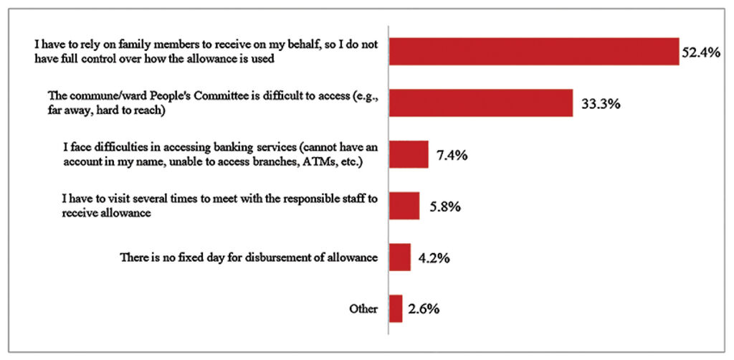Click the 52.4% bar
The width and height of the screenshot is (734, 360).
pos(533,52)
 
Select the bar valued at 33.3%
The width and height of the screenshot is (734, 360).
pos(480,103)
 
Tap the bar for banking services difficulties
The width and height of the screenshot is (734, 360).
pos(408,154)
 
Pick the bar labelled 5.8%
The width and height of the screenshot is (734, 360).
pos(404,206)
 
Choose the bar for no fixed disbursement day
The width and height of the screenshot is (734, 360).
pos(399,257)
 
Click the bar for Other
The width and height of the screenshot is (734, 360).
pos(396,309)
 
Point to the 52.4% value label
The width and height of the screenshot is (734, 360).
pos(700,52)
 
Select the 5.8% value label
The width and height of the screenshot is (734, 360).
pos(442,207)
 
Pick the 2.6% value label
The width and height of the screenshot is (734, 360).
pos(424,310)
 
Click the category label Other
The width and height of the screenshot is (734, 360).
pos(363,309)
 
